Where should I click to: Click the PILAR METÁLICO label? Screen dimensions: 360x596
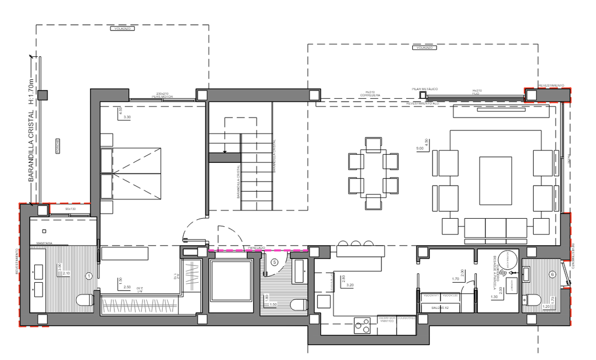[424, 88]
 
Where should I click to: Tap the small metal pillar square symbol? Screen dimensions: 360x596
[423, 95]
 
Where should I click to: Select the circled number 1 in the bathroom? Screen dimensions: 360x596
[89, 274]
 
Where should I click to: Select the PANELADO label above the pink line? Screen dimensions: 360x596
[257, 248]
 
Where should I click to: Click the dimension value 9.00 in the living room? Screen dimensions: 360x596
[419, 149]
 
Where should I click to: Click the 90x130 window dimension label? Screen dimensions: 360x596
[70, 209]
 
